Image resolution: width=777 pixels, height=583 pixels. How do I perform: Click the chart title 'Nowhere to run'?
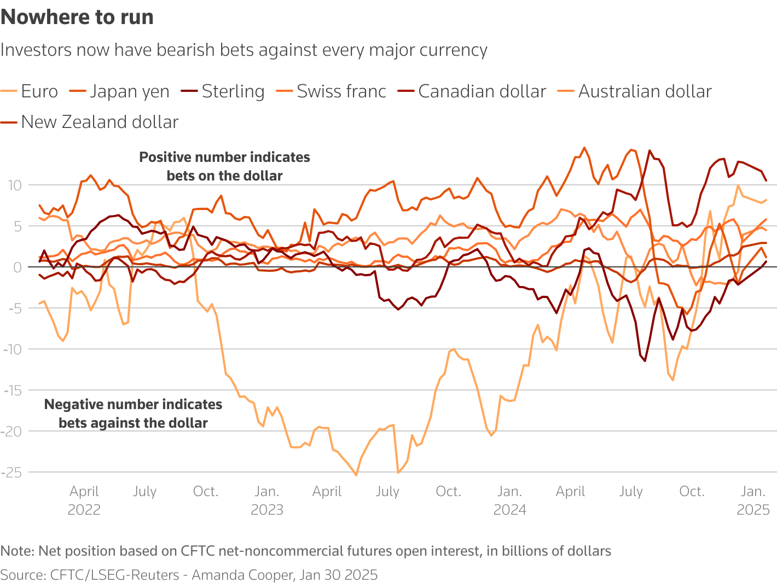(77, 18)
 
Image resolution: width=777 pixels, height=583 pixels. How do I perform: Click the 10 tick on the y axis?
(14, 185)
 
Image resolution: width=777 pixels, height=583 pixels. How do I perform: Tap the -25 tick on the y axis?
(12, 472)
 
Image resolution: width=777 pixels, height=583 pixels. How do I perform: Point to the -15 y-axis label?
(12, 390)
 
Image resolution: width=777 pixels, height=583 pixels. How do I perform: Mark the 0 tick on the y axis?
(18, 267)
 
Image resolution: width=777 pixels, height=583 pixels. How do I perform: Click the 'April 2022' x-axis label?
(84, 500)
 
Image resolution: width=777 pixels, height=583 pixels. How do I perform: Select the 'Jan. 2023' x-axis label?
(267, 500)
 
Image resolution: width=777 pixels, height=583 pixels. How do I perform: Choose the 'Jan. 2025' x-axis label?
(753, 500)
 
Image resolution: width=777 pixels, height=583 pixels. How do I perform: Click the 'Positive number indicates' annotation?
(224, 158)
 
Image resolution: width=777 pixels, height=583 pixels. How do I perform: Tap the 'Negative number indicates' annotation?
(133, 405)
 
